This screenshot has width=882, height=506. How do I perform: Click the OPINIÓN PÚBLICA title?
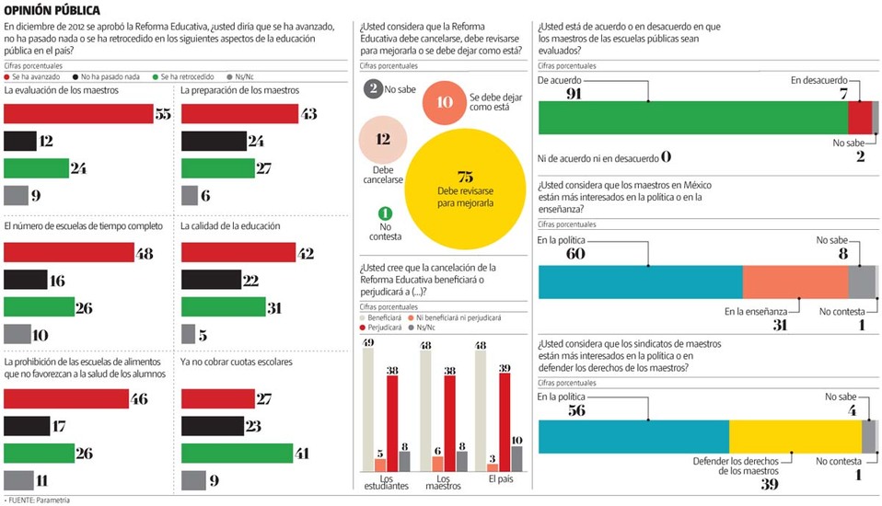tap(52, 10)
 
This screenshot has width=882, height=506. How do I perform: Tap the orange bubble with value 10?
tap(445, 102)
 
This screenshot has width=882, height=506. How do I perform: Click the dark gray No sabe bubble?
tap(372, 89)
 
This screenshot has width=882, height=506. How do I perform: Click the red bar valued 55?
tap(78, 113)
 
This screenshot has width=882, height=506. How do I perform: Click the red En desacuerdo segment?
tap(859, 118)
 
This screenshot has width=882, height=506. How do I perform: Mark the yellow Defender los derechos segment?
tap(795, 436)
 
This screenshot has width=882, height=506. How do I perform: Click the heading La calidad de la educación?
tap(230, 225)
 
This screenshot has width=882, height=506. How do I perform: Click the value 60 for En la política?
tap(550, 253)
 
